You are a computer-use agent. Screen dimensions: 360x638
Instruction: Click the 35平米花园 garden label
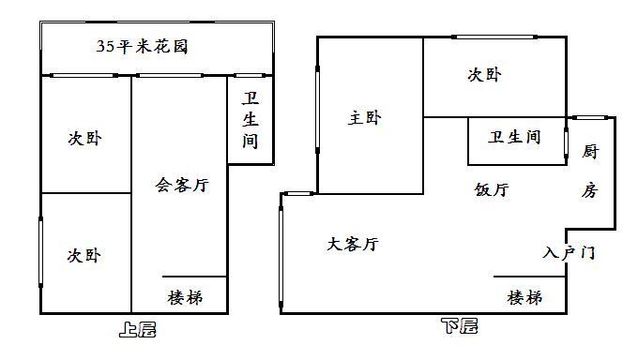(143, 46)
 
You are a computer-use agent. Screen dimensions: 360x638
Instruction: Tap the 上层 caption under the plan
(138, 329)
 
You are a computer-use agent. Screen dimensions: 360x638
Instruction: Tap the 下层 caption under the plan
(459, 327)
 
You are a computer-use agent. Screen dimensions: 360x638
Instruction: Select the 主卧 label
(365, 118)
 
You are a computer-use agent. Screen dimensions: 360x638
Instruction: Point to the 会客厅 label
(181, 185)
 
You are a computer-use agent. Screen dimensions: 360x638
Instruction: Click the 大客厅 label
(353, 245)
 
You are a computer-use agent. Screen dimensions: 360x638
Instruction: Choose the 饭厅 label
(492, 189)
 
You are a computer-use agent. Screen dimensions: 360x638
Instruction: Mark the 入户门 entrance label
(569, 253)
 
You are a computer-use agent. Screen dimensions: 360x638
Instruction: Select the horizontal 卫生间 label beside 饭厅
(514, 138)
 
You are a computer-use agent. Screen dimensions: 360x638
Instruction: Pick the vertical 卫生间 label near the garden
(251, 120)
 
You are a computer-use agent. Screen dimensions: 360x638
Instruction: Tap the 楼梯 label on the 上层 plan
(185, 298)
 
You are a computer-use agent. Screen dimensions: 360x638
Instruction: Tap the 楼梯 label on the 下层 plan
(524, 298)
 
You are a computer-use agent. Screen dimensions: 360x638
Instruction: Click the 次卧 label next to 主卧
(484, 75)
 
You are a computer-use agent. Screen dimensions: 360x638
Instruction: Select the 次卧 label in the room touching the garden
(84, 139)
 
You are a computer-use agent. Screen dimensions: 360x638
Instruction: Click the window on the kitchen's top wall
(591, 117)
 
